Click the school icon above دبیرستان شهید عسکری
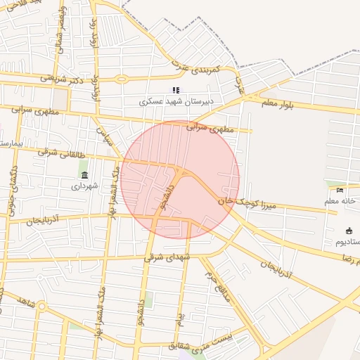point(176,90)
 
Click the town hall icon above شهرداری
point(84,175)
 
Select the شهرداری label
point(86,186)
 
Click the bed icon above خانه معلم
point(341,190)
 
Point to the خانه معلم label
point(340,202)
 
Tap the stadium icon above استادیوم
point(349,231)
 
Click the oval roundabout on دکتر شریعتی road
point(122,79)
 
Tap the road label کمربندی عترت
point(198,68)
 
